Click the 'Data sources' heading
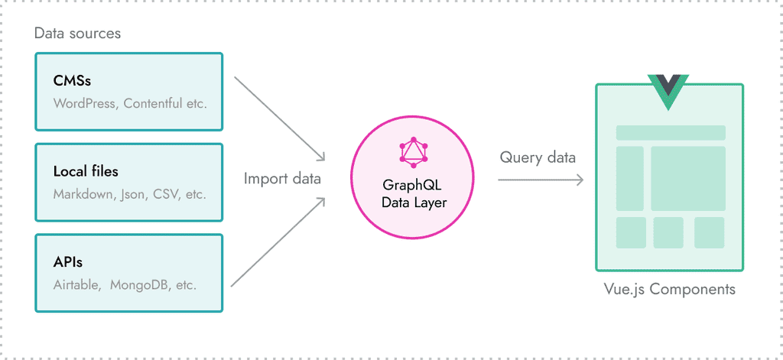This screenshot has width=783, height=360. (x=77, y=34)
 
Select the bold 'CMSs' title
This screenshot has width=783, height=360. (x=73, y=80)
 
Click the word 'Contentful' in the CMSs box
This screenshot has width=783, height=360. (x=154, y=102)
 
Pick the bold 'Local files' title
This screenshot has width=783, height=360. (x=86, y=171)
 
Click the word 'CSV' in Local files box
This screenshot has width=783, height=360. (x=165, y=194)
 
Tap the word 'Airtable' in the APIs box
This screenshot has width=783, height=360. (x=76, y=284)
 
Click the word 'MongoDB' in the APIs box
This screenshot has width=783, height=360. (x=138, y=284)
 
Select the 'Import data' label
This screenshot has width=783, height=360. (x=282, y=179)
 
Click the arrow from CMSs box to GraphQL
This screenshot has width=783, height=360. (x=279, y=118)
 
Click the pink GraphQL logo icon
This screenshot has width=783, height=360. (x=414, y=153)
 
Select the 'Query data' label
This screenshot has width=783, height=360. (x=538, y=157)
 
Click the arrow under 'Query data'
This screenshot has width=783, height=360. (x=541, y=180)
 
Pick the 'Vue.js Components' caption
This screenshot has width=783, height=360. (x=669, y=290)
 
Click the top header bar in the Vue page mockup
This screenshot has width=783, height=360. (x=671, y=133)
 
